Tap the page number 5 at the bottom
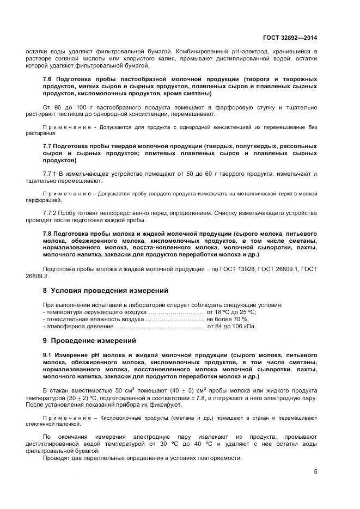pos(315,471)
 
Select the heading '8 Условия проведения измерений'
pos(106,290)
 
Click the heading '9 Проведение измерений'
pos(89,341)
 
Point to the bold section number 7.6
pos(48,79)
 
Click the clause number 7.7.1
pos(52,174)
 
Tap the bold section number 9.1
pos(48,354)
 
